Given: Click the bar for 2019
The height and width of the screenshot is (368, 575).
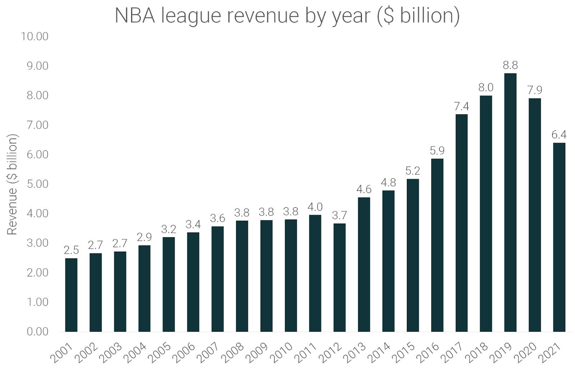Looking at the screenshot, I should (510, 202).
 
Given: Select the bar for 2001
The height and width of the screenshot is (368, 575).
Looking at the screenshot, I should (71, 295).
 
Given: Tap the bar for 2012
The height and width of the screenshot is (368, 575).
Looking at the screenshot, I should (340, 277).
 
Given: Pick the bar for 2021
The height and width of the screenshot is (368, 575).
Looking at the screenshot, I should (559, 237).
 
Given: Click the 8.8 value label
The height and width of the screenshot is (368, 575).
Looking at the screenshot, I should (510, 65).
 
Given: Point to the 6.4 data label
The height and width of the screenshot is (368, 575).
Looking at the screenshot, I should (559, 135).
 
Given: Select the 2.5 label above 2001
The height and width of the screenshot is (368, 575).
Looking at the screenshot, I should (71, 250).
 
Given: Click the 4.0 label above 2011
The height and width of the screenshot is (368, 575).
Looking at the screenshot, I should (315, 207).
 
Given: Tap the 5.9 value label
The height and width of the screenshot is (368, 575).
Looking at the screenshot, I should (437, 151).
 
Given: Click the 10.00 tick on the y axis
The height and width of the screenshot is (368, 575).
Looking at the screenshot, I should (34, 37).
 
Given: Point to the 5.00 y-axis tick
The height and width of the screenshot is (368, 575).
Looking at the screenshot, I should (37, 184).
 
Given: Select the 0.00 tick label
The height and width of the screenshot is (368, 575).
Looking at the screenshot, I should (37, 331).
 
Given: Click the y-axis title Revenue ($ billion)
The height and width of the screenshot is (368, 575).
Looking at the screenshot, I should (12, 184).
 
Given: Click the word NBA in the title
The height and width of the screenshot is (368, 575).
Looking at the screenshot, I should (135, 16).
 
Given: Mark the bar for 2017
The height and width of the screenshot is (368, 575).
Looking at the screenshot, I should (461, 223).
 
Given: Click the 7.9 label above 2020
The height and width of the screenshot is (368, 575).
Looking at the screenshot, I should (534, 90).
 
